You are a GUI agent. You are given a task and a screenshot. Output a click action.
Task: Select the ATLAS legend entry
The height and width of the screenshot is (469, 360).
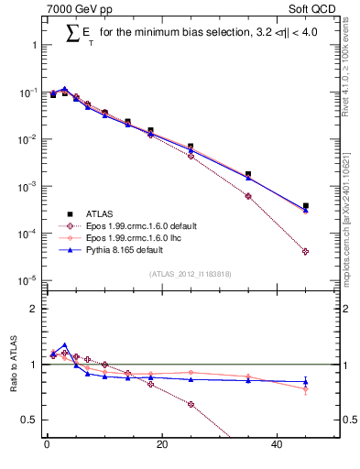point(104,213)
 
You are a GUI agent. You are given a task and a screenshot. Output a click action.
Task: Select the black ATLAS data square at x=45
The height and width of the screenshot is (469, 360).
point(306,206)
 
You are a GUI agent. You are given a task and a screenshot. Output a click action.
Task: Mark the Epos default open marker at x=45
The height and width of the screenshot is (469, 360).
point(306,252)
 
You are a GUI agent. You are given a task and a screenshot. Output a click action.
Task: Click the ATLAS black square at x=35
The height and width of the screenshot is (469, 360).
point(248,174)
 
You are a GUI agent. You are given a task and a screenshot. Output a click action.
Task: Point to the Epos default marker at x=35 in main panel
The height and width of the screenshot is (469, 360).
point(248,196)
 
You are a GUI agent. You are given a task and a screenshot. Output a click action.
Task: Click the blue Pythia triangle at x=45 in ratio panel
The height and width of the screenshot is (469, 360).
point(306,382)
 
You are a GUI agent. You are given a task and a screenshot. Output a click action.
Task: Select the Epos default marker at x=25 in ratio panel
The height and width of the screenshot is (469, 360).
point(191,404)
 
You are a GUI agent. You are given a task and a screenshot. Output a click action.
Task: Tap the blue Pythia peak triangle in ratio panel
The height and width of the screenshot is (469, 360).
point(64,346)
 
